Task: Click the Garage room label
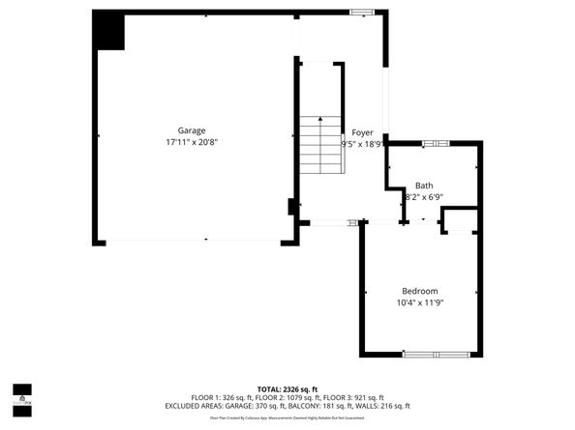191,130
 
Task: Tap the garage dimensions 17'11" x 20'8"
191,143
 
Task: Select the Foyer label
362,132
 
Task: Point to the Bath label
424,186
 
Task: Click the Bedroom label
420,291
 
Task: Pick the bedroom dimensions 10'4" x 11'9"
420,303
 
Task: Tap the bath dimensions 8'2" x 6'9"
423,197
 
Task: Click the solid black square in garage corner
109,31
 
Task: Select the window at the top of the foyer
362,12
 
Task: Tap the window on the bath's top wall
436,143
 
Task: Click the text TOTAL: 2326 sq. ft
287,387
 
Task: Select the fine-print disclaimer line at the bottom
287,418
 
